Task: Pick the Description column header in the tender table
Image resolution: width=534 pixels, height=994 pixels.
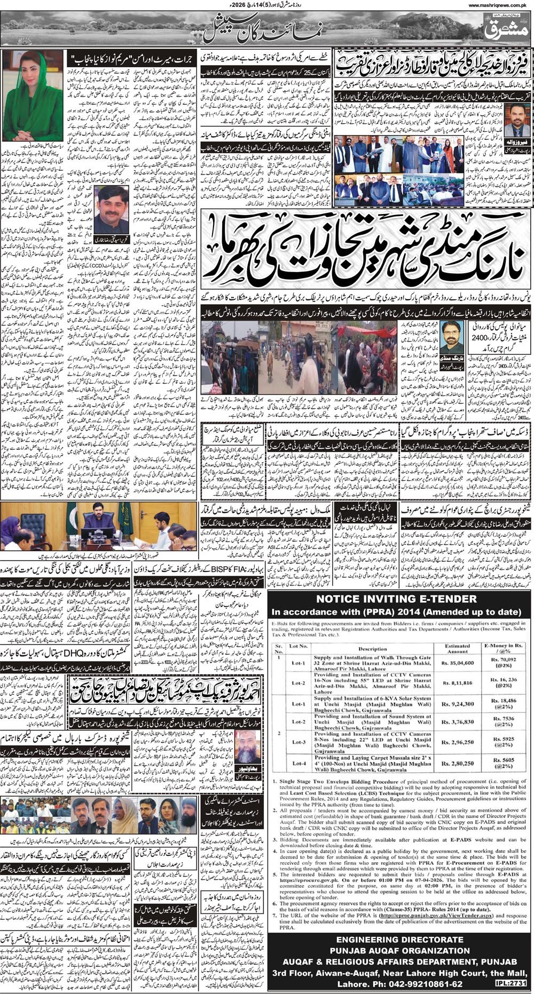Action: pyautogui.click(x=372, y=649)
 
